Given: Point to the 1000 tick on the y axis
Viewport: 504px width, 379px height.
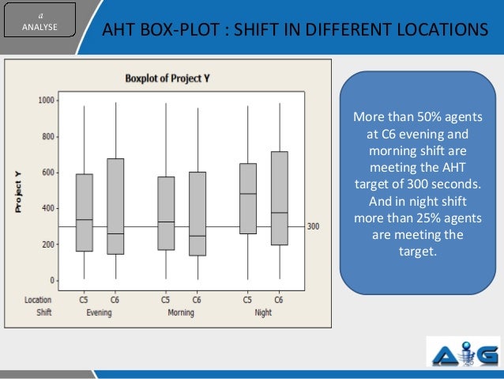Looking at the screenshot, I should tap(46, 100).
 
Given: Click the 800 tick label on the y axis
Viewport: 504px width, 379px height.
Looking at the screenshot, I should tap(48, 136).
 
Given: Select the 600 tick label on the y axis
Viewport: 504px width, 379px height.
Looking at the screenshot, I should tap(48, 172).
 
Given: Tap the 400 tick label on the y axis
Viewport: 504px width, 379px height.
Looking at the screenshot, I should tap(48, 208).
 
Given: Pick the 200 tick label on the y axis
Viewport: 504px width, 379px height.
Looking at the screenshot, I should tap(48, 244).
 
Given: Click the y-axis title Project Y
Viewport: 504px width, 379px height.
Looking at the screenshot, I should tap(17, 191).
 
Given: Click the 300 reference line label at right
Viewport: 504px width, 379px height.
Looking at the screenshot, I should tap(314, 227).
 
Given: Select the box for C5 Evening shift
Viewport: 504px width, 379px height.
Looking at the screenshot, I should tap(84, 212).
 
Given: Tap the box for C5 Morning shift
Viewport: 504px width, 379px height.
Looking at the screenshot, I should tap(166, 213).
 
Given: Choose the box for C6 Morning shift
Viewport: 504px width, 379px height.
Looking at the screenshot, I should tap(197, 214).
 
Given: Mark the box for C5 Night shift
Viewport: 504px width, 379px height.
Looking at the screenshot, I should tap(248, 198).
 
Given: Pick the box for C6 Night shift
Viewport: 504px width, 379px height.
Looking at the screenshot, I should tap(279, 198).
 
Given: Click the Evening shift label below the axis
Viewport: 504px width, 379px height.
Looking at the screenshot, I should tap(99, 313).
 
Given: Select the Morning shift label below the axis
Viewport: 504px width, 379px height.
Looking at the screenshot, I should tap(181, 313).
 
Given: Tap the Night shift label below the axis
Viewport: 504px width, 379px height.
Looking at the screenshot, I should tap(263, 313).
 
